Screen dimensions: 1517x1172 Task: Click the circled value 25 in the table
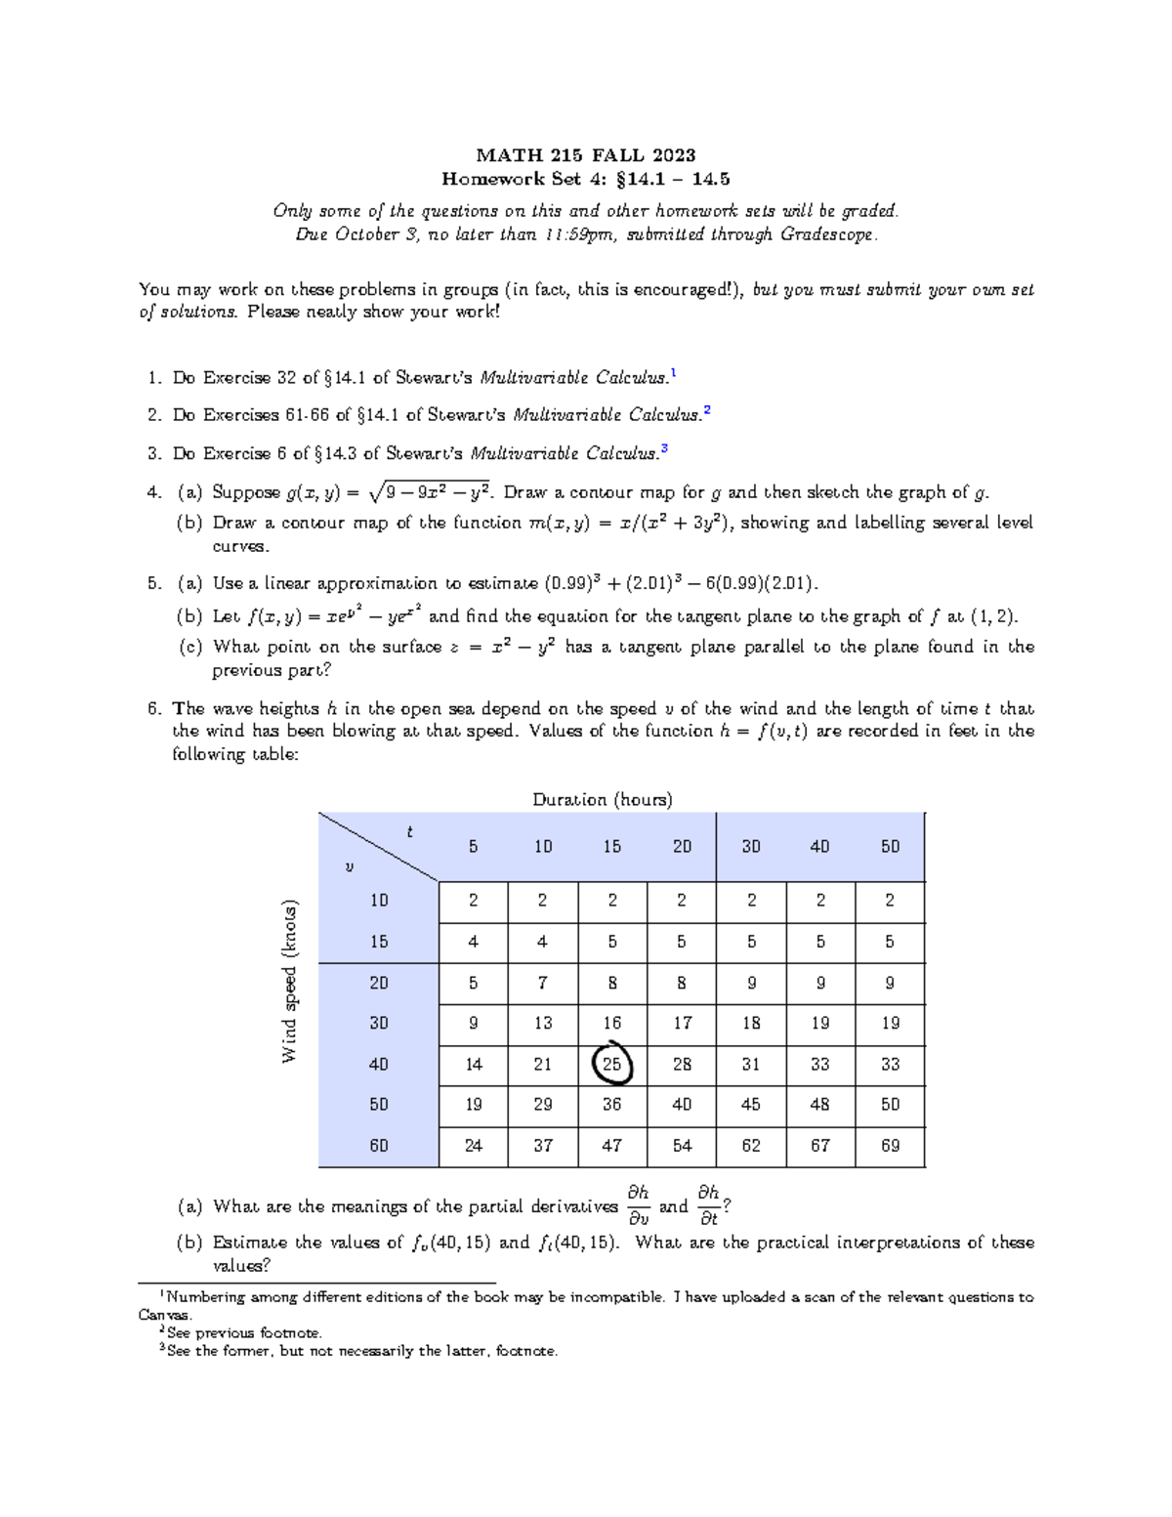tap(612, 1064)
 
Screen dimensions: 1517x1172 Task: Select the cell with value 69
tap(890, 1145)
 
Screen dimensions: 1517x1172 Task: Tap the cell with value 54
tap(682, 1145)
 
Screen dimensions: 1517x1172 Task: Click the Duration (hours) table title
tap(602, 799)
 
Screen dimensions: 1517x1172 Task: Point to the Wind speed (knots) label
tap(289, 981)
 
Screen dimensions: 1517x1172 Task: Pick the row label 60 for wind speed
tap(379, 1145)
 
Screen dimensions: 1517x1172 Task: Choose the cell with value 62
tap(750, 1145)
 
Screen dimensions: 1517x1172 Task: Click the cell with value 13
tap(543, 1023)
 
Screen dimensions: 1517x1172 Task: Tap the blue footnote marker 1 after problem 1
tap(673, 374)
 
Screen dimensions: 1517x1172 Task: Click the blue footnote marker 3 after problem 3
tap(664, 449)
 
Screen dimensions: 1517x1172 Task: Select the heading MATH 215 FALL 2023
tap(586, 155)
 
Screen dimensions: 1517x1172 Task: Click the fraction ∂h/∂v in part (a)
tap(638, 1205)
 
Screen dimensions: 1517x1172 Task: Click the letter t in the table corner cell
tap(409, 832)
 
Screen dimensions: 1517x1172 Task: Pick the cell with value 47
tap(612, 1145)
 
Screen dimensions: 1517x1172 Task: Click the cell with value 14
tap(474, 1064)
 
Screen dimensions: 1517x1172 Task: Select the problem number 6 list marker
tap(153, 708)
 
